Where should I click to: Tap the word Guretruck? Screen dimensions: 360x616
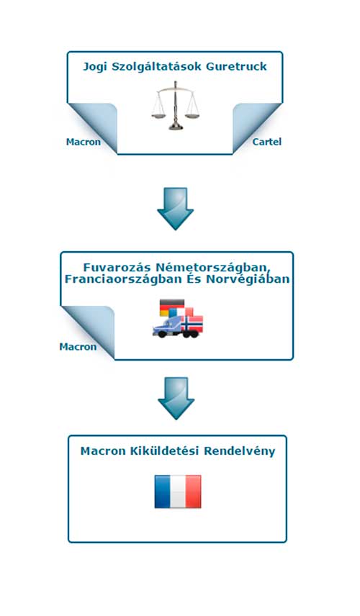click(x=236, y=66)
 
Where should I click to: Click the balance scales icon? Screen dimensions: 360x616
click(x=175, y=105)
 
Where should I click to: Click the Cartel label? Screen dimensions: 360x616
click(x=267, y=142)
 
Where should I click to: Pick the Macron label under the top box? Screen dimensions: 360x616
click(x=84, y=142)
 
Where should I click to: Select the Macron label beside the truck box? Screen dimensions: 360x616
click(x=78, y=347)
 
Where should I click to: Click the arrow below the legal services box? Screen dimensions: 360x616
click(x=175, y=209)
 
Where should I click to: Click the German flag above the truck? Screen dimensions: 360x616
click(x=172, y=307)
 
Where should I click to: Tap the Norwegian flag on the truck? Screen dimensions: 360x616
click(x=192, y=323)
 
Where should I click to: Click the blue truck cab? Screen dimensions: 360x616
click(x=167, y=327)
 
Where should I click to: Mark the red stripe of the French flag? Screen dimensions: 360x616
click(x=194, y=492)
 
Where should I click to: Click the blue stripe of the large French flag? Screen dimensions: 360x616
click(x=162, y=492)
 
